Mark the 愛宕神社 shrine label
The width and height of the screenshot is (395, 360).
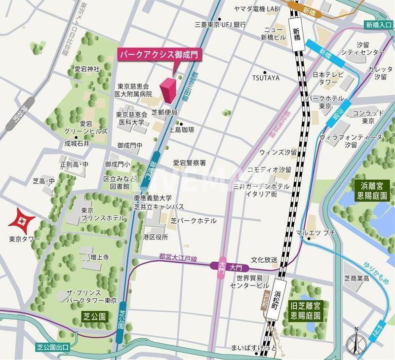pyautogui.click(x=87, y=69)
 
